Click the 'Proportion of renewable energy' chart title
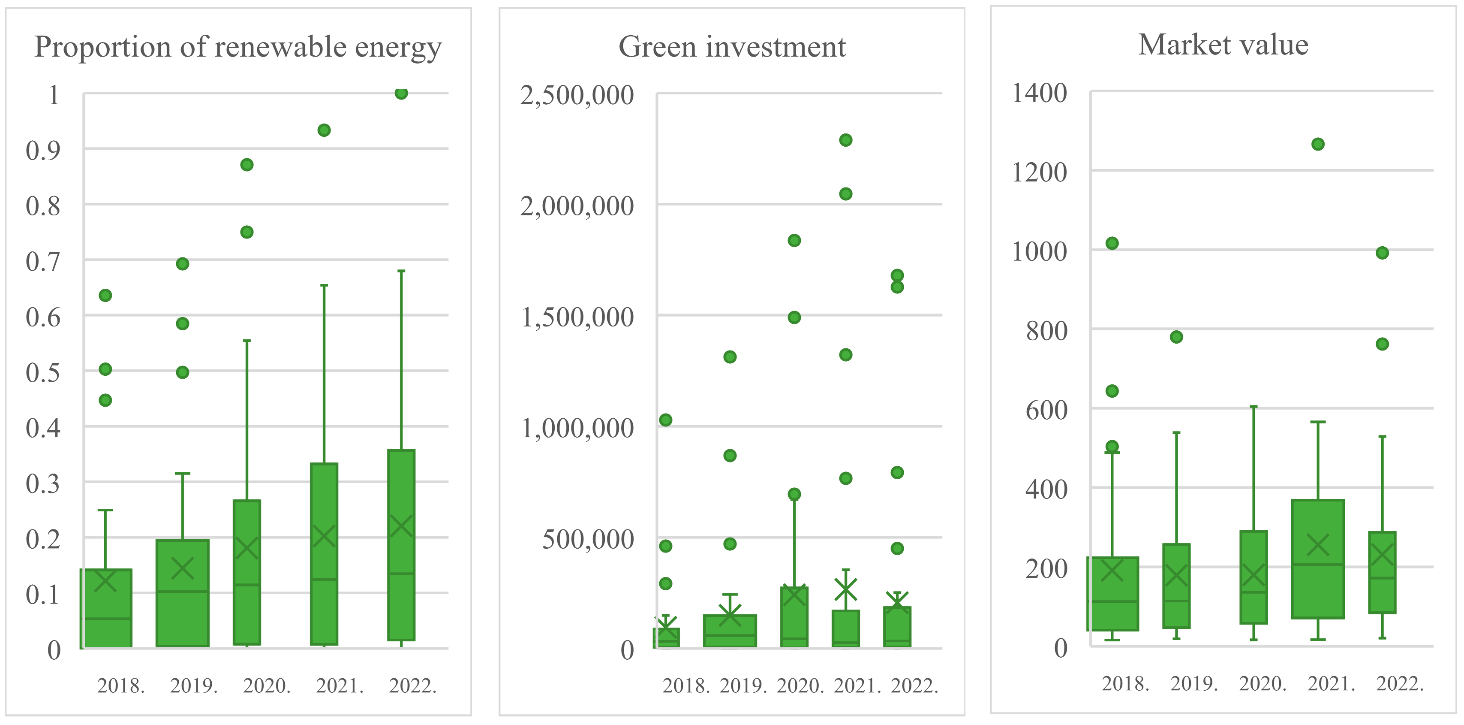tap(237, 47)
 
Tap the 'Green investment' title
tap(732, 47)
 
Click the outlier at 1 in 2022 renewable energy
tap(401, 93)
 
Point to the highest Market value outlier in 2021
tap(1318, 145)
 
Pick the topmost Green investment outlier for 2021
tap(846, 140)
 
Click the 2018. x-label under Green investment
tap(686, 686)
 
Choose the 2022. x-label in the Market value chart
tap(1400, 683)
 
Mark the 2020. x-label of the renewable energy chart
tap(267, 686)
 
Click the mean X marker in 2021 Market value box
tap(1318, 545)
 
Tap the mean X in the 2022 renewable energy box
tap(401, 526)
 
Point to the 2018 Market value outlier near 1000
tap(1112, 243)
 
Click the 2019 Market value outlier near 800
tap(1176, 337)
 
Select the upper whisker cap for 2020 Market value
tap(1254, 407)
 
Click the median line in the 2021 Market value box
tap(1318, 565)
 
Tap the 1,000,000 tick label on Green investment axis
tap(577, 428)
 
